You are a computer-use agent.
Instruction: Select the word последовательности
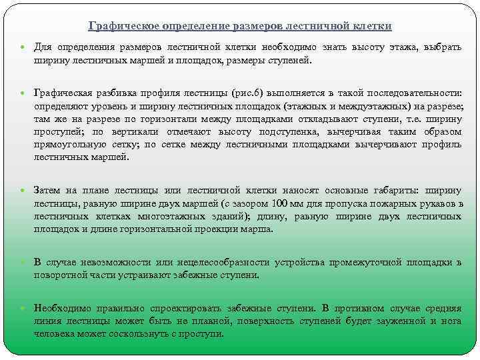pos(413,95)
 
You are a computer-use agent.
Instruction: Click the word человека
pos(53,333)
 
